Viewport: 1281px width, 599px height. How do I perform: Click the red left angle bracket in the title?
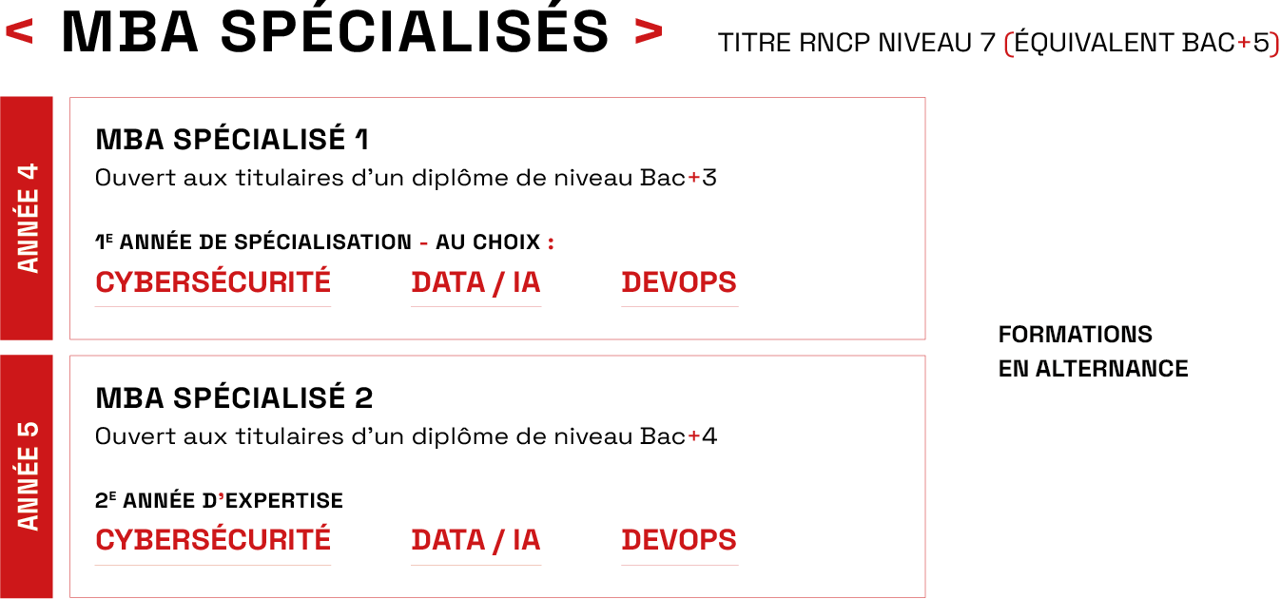19,33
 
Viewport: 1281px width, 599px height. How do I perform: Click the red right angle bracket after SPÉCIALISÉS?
648,33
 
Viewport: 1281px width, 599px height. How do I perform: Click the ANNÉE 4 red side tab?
28,218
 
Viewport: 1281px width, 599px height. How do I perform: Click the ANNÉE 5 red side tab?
28,475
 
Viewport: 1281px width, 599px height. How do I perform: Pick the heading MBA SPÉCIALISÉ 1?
232,140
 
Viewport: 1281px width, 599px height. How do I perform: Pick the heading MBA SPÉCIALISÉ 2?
234,397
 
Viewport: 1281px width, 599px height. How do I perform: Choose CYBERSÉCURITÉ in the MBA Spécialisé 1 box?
213,282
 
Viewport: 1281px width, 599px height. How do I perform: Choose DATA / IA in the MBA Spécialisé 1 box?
476,282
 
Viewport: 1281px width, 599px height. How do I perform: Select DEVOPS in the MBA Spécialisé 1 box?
679,282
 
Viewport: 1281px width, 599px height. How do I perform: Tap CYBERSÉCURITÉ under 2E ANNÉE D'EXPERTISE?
213,540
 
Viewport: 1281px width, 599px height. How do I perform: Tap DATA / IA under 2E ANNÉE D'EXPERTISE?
476,540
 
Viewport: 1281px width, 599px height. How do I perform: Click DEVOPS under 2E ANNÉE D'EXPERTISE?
679,540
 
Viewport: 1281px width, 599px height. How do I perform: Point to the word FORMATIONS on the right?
1075,335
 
